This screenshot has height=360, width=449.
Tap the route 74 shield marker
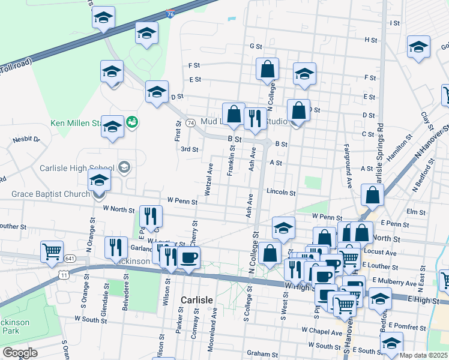pos(190,122)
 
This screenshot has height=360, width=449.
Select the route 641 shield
pos(71,259)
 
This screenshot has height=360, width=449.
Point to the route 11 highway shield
pos(64,274)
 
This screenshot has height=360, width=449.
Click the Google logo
pos(20,352)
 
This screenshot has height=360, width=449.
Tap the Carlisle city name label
pos(196,299)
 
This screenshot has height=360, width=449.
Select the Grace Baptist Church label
pos(50,194)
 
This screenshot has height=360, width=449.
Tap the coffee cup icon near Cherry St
pos(189,257)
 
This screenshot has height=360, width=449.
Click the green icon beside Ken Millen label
pos(133,122)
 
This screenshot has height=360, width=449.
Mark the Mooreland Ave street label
pos(214,320)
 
